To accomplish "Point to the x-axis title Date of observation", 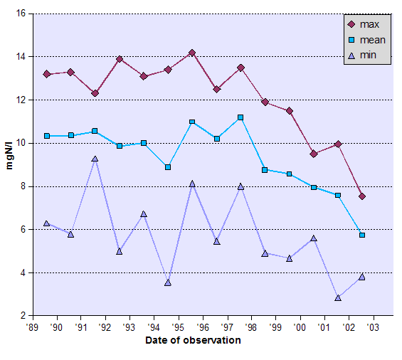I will (x=193, y=340).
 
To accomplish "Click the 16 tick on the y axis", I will (x=21, y=14).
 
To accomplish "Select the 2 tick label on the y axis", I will (x=23, y=316).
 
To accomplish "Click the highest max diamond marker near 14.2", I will (x=192, y=53).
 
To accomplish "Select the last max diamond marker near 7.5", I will (x=362, y=196).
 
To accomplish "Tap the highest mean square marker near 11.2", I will (x=240, y=117).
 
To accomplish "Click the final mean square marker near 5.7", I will (x=362, y=235).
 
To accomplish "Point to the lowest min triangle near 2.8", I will (x=338, y=297).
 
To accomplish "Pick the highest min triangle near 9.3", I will (x=95, y=159).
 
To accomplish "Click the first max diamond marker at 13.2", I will (x=46, y=74).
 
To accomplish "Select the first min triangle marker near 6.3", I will (x=46, y=223).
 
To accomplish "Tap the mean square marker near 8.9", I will (x=167, y=167).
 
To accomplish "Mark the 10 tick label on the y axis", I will (x=21, y=143).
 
